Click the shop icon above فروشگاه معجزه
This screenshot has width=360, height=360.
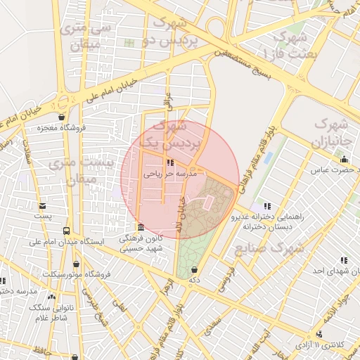coord(63,117)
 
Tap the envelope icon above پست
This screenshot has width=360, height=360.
coord(44,206)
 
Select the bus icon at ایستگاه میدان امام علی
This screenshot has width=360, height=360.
coord(67,231)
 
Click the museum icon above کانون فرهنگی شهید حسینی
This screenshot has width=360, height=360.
coord(141,228)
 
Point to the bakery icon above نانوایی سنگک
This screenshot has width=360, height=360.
coord(51,296)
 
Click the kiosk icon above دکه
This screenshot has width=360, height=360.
coord(193,270)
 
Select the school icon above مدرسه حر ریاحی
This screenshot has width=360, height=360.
coord(173,163)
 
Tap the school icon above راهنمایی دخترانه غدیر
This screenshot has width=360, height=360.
coord(266,205)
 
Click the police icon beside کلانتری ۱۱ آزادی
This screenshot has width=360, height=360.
coord(320,335)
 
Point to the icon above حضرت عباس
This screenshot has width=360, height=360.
coord(342,159)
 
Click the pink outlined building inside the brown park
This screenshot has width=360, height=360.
coord(208,202)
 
